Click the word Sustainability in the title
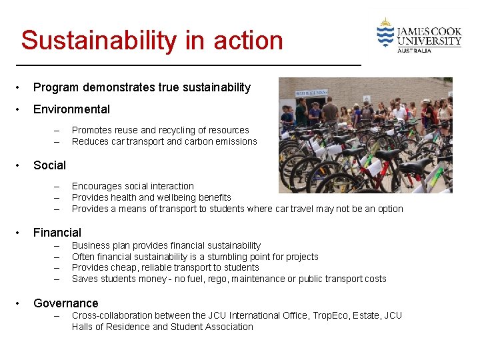(x=101, y=41)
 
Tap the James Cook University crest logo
(x=385, y=33)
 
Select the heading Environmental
(x=71, y=109)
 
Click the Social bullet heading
(x=49, y=165)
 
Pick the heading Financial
(x=57, y=233)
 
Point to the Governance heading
(x=65, y=303)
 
